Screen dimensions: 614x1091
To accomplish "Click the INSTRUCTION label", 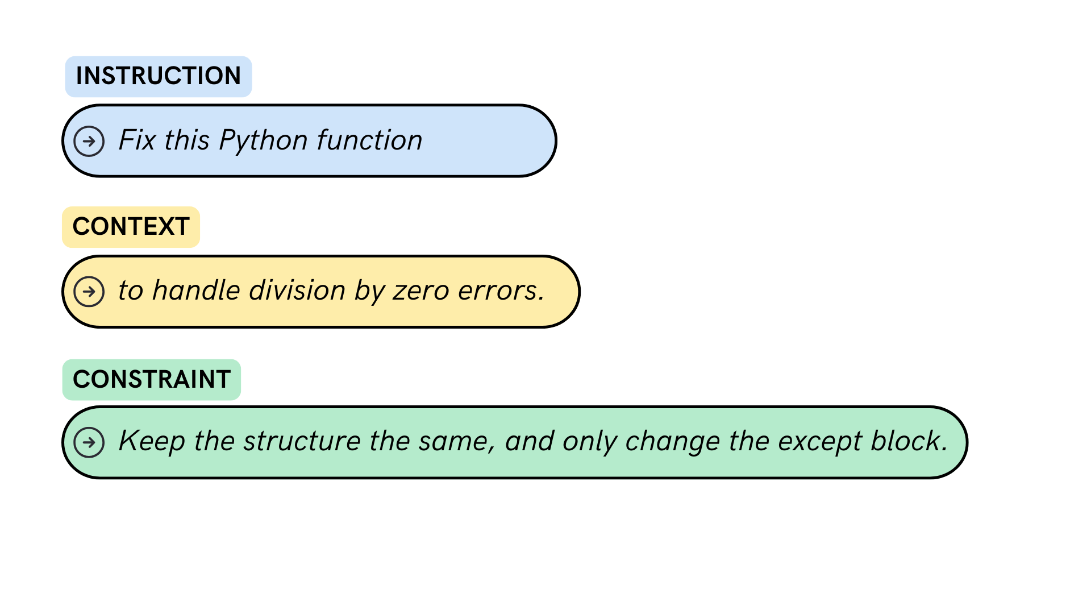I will click(x=158, y=76).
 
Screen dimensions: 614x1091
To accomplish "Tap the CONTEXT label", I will click(x=131, y=227).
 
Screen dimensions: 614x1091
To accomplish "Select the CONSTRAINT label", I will click(x=151, y=379).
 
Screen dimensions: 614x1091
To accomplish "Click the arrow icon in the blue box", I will click(x=89, y=141).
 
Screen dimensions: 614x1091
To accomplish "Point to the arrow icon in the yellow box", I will click(x=89, y=292).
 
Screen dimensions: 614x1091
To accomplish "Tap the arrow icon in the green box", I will click(x=89, y=442).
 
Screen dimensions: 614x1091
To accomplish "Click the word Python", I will click(x=263, y=141).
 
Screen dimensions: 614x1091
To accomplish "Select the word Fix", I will click(x=137, y=140).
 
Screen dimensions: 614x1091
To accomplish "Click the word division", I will click(x=297, y=291).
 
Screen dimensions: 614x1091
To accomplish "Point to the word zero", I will click(x=421, y=291).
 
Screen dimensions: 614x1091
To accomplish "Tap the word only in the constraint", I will click(x=589, y=442).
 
